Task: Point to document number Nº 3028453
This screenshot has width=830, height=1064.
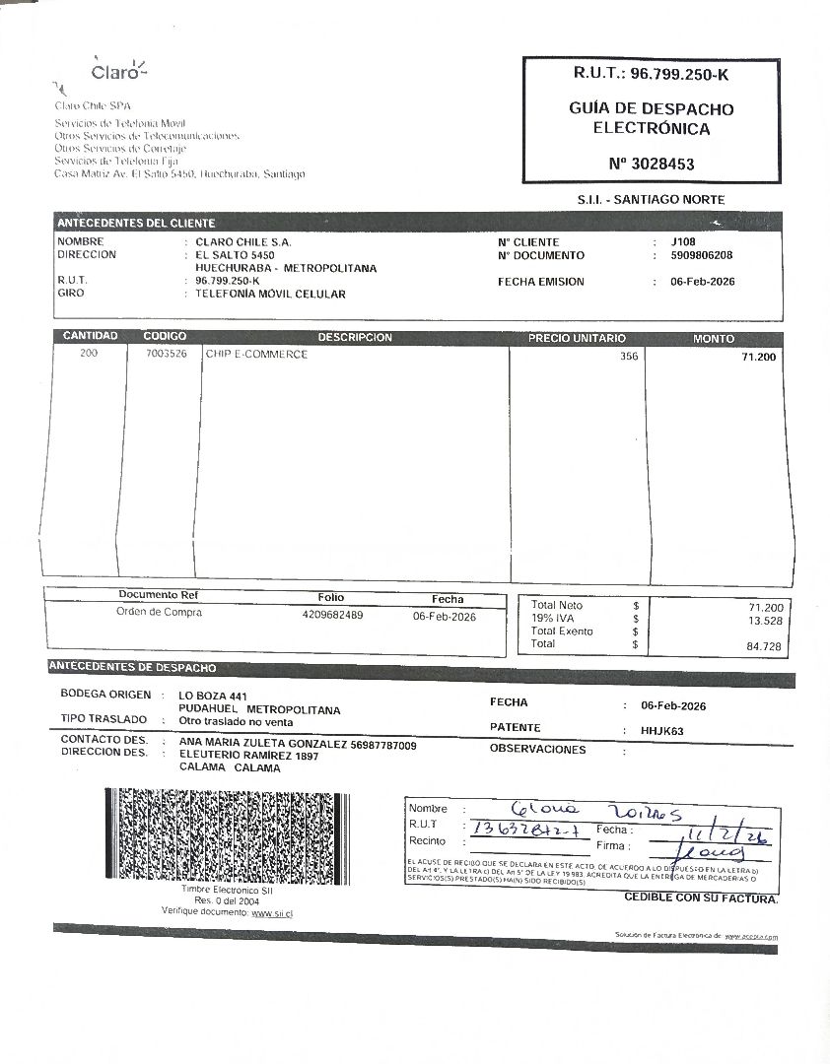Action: [x=651, y=164]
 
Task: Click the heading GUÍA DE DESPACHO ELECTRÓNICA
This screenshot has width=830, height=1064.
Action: [x=651, y=118]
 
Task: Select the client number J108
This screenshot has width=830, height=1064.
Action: [x=683, y=242]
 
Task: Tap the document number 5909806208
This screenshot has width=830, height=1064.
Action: [x=701, y=255]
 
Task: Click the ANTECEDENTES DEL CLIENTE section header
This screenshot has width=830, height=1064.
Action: [x=136, y=224]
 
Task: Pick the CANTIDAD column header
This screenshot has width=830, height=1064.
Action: [x=90, y=337]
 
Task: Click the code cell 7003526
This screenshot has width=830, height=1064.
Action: [x=165, y=355]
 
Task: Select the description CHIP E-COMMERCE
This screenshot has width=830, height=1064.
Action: [x=256, y=355]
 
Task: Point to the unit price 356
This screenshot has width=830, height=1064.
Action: [x=629, y=357]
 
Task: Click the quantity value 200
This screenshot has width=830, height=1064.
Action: [x=90, y=355]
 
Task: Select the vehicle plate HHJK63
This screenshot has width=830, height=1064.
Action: [x=661, y=731]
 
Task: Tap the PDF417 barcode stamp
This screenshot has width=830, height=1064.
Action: [x=229, y=835]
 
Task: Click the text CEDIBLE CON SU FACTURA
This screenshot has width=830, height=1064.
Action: [x=701, y=898]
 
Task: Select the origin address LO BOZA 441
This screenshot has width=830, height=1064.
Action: [x=206, y=696]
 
